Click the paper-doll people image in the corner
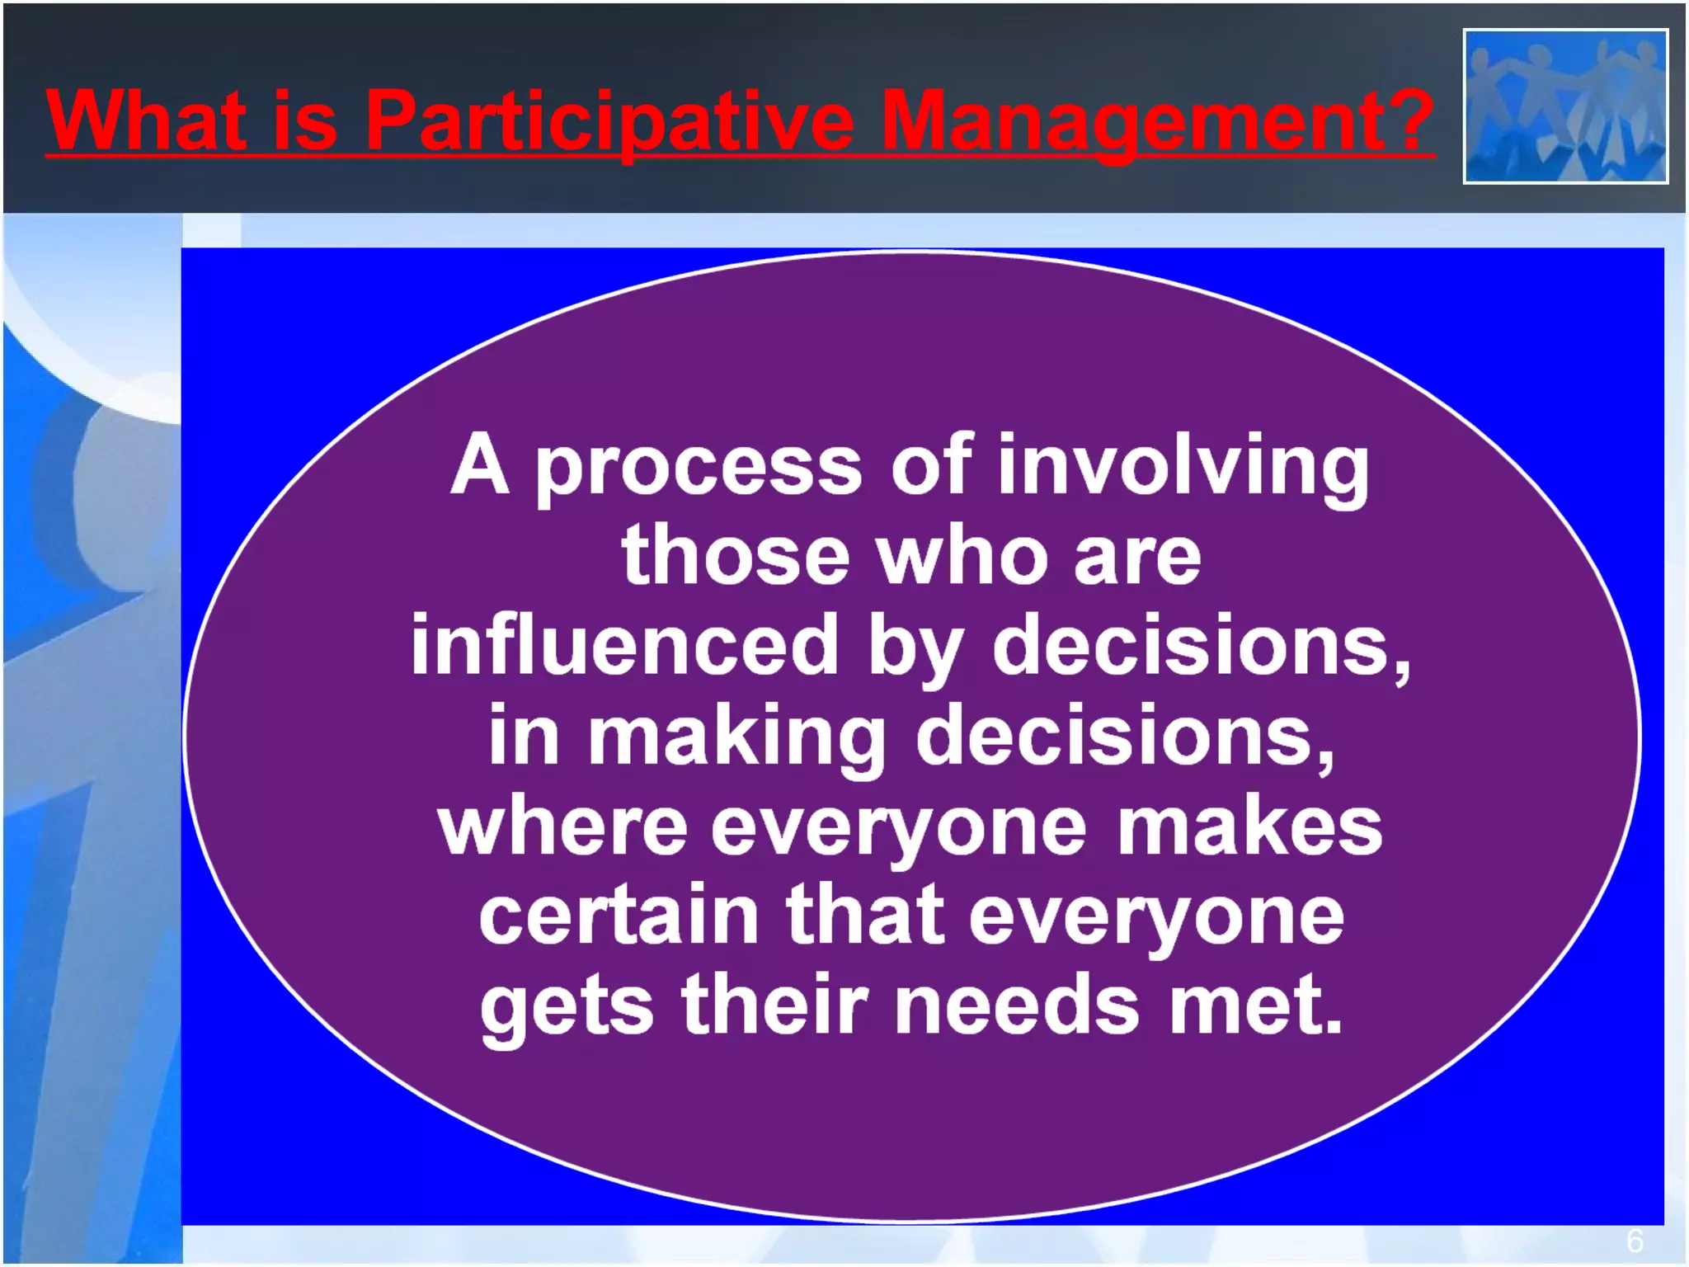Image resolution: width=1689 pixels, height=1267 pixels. click(x=1565, y=106)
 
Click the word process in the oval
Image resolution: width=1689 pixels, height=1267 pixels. click(x=699, y=469)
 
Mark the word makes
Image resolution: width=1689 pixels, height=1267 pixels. click(x=1249, y=827)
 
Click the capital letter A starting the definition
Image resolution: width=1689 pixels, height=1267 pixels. click(x=479, y=466)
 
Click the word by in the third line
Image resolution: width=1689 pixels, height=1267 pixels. click(x=915, y=648)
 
